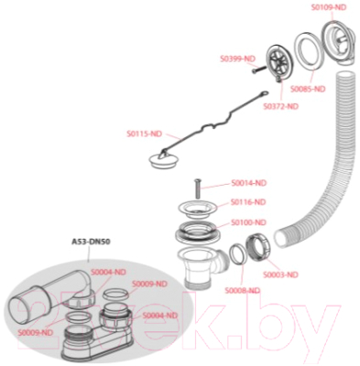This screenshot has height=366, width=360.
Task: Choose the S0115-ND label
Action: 144,133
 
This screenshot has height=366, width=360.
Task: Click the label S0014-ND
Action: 248,182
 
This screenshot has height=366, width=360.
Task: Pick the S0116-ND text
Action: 248,201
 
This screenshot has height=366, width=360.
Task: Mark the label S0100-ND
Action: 248,222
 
